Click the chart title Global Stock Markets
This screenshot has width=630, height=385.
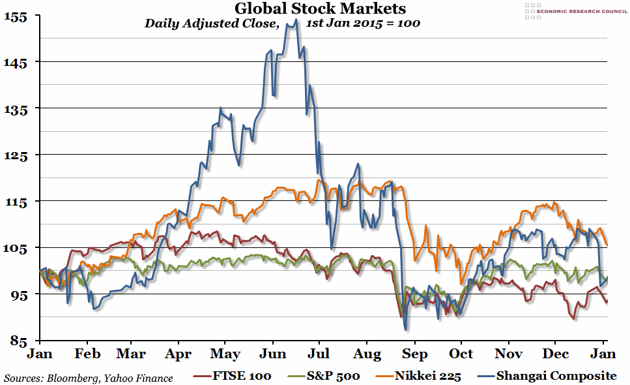pyautogui.click(x=319, y=8)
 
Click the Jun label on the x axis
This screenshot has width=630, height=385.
pyautogui.click(x=272, y=354)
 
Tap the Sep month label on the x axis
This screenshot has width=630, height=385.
pyautogui.click(x=414, y=354)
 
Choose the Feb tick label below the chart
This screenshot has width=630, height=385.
pyautogui.click(x=87, y=354)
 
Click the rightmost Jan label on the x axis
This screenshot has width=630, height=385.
pyautogui.click(x=603, y=354)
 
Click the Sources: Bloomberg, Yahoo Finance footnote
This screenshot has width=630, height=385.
pyautogui.click(x=89, y=378)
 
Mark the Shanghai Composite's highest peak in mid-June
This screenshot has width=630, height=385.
pyautogui.click(x=296, y=20)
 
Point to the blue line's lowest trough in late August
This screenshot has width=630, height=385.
pyautogui.click(x=405, y=330)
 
